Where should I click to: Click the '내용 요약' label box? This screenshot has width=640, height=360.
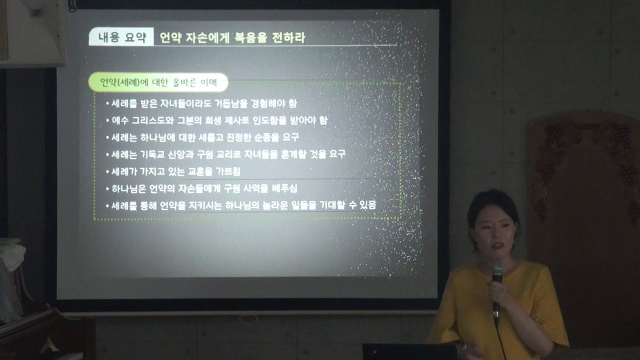tap(121, 37)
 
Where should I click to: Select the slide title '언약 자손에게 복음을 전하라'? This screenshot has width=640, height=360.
tap(232, 37)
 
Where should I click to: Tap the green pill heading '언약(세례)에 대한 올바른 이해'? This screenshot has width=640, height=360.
tap(158, 82)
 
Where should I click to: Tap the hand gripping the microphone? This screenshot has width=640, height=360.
tap(500, 292)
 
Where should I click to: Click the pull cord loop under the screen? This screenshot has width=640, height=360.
tap(248, 318)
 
